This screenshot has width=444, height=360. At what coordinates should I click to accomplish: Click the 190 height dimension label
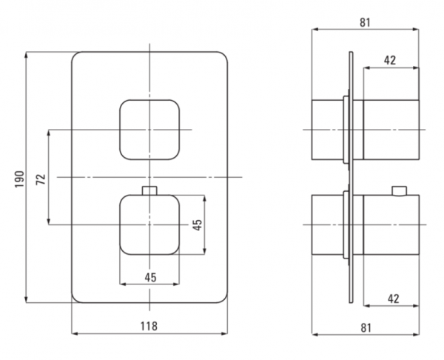19,179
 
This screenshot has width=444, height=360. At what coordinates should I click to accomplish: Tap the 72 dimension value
41,179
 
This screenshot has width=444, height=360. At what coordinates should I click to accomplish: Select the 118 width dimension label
149,326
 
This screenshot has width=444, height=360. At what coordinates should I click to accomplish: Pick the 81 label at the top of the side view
365,22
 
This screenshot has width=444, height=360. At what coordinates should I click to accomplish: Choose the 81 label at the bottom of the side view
366,327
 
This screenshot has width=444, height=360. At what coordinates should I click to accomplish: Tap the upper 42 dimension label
390,61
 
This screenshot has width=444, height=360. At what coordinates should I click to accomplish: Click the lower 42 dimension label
394,299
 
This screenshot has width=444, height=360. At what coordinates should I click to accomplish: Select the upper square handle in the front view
149,130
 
